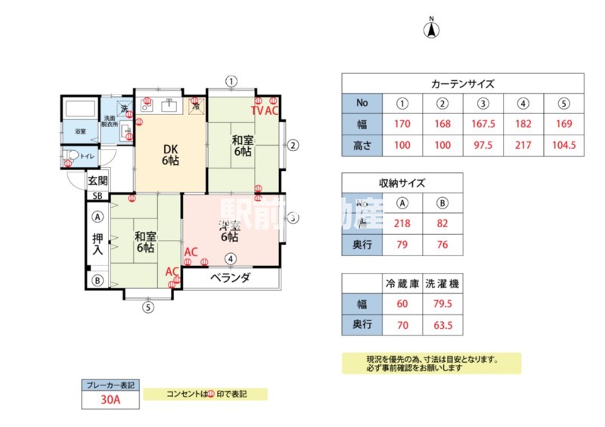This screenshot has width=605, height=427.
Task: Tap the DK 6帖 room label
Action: click(x=169, y=154)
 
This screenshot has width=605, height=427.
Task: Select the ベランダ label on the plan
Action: click(x=230, y=277)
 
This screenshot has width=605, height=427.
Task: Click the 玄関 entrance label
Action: click(x=98, y=181)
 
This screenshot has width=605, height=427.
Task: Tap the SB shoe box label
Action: click(x=97, y=196)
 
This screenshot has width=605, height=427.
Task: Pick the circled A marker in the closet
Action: click(x=98, y=216)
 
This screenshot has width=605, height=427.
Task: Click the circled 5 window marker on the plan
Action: click(x=148, y=308)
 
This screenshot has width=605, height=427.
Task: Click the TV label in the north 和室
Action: click(x=257, y=110)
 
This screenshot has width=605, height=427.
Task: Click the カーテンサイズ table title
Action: click(x=462, y=83)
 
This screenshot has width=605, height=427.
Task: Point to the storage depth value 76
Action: click(x=442, y=244)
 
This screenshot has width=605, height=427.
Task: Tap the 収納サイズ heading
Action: click(x=402, y=183)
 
